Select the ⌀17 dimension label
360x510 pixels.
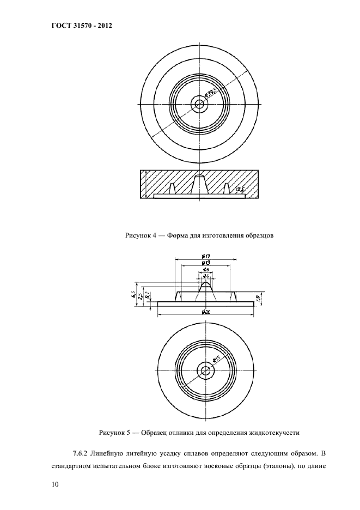point(206,256)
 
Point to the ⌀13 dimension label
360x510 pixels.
point(206,263)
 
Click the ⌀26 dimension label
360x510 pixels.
point(206,312)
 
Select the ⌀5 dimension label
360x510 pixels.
point(206,270)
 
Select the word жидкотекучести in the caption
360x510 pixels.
point(274,433)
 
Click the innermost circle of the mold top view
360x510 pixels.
point(200,104)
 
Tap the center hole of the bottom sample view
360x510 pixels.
point(206,371)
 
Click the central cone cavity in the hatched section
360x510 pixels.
point(199,185)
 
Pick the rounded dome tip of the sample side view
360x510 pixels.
point(206,283)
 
